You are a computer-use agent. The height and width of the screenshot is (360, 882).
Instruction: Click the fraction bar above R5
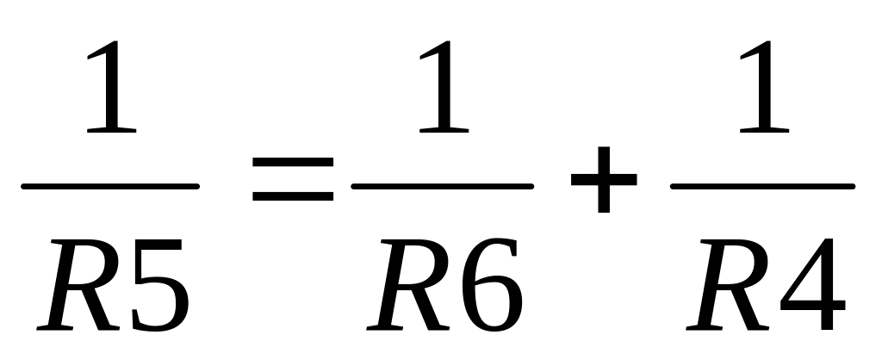[x=110, y=186]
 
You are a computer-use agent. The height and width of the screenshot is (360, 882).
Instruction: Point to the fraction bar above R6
[x=443, y=186]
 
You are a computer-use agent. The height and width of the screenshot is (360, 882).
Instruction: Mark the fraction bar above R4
[x=763, y=186]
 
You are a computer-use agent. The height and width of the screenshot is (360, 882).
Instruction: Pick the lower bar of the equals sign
[x=293, y=198]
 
